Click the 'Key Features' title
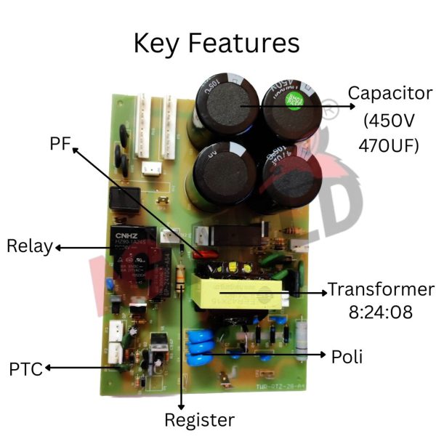[216, 43]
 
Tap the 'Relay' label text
[30, 246]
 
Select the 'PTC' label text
[25, 368]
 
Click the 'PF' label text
[60, 143]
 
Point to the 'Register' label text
[199, 419]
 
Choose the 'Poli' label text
[347, 356]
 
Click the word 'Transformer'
[380, 289]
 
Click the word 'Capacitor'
[389, 94]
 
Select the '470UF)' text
[389, 145]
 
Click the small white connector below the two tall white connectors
[152, 169]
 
